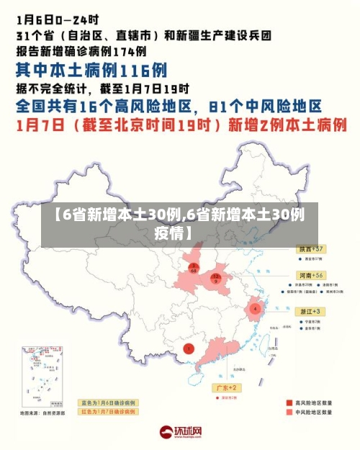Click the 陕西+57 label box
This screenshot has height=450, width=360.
click(x=311, y=248)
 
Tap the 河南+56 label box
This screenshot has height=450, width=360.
click(x=311, y=275)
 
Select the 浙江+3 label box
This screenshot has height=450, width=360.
click(x=312, y=310)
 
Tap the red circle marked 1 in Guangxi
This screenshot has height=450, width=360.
click(x=189, y=349)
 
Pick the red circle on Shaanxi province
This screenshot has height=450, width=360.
click(x=194, y=269)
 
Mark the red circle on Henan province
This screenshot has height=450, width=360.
click(x=215, y=279)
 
